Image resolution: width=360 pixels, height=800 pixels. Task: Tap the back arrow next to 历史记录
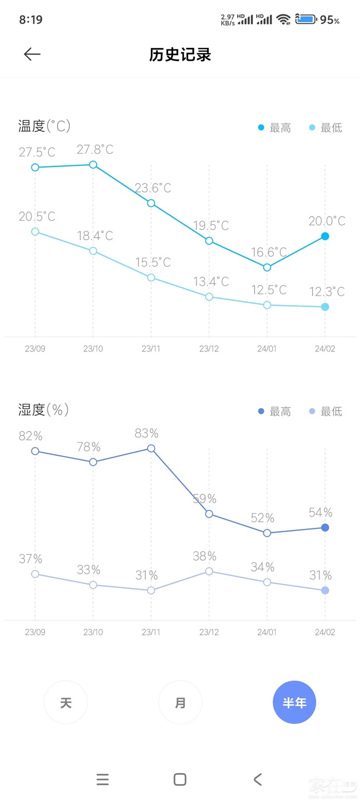pyautogui.click(x=32, y=55)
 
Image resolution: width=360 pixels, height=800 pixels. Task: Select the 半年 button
pyautogui.click(x=294, y=702)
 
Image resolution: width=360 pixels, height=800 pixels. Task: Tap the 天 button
pyautogui.click(x=66, y=702)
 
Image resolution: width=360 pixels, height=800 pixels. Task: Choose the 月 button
pyautogui.click(x=180, y=702)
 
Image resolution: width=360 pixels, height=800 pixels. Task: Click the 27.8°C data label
pyautogui.click(x=95, y=150)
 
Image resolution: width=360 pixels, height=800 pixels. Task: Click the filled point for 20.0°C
pyautogui.click(x=325, y=236)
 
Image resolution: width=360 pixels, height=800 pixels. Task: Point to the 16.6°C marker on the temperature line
pyautogui.click(x=267, y=267)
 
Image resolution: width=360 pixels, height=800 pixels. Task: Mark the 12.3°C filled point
pyautogui.click(x=325, y=307)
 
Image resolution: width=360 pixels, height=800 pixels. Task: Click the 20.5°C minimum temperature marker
pyautogui.click(x=35, y=232)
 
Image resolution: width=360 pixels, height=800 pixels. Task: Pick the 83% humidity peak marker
pyautogui.click(x=151, y=449)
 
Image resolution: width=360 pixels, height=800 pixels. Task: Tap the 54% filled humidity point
pyautogui.click(x=325, y=527)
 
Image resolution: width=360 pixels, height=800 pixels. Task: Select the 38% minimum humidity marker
pyautogui.click(x=209, y=571)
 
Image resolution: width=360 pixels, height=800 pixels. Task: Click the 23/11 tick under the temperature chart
pyautogui.click(x=151, y=349)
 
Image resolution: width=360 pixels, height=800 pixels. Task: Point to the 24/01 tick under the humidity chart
pyautogui.click(x=267, y=632)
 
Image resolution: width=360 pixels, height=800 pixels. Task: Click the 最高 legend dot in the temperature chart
pyautogui.click(x=261, y=128)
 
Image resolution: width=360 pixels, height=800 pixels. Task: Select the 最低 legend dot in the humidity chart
pyautogui.click(x=312, y=411)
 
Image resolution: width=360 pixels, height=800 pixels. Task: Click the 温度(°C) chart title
pyautogui.click(x=44, y=126)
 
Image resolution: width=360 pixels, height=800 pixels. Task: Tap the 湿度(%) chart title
pyautogui.click(x=44, y=410)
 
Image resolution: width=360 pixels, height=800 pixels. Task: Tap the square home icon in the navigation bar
pyautogui.click(x=180, y=779)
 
